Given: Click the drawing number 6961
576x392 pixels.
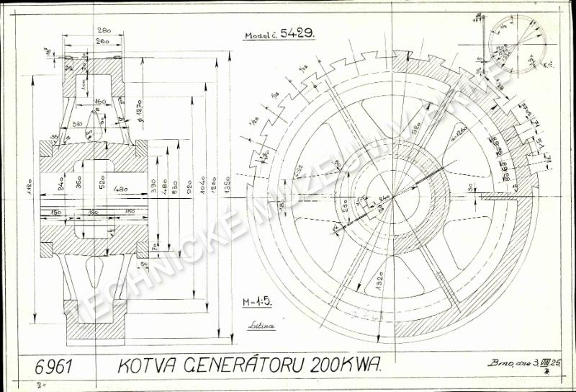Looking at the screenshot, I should click(x=53, y=366).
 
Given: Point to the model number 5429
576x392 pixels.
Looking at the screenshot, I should click(x=297, y=34).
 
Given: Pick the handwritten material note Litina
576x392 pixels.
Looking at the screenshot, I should click(x=261, y=326).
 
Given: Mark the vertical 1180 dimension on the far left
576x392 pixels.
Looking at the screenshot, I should click(x=32, y=189).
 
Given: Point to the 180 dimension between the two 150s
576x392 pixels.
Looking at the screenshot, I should click(x=92, y=212).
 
